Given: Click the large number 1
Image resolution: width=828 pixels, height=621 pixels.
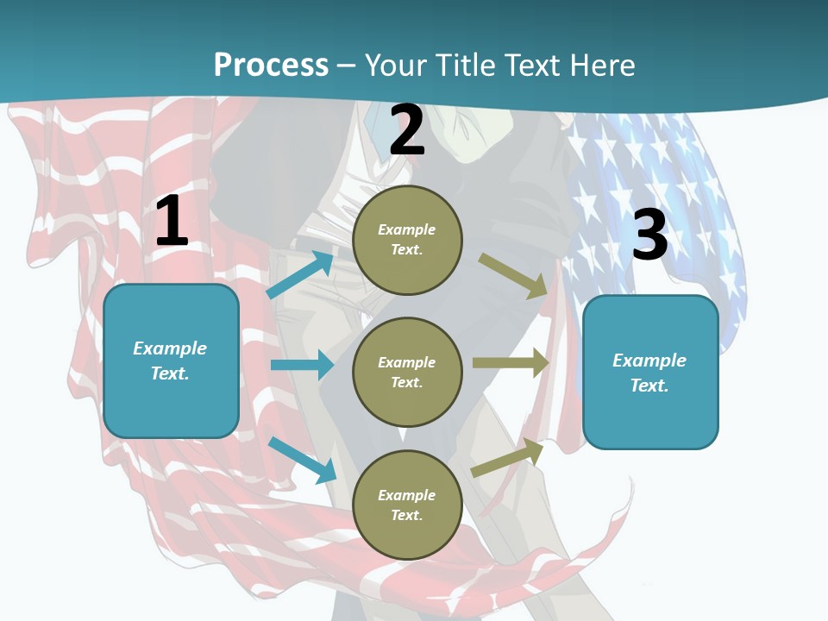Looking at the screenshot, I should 172,222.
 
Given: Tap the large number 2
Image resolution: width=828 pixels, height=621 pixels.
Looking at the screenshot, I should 407,130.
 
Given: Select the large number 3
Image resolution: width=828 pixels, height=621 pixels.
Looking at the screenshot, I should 649,235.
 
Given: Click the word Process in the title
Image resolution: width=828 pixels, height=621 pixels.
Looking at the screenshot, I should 271,65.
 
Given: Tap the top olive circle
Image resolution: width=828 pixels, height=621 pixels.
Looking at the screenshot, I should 407,240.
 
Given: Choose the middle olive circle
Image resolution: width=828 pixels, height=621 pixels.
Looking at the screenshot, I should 407,372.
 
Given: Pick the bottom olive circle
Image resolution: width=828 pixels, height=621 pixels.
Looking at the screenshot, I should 407,505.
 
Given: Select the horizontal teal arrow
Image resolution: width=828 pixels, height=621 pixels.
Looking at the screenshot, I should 302,365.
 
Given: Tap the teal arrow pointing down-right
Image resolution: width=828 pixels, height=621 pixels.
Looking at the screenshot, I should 303,460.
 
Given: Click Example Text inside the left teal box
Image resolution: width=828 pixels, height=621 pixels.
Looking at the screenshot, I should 170,361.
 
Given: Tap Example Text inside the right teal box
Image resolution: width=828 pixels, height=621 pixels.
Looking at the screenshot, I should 649,373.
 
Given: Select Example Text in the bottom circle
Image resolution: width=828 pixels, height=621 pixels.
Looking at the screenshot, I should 407,505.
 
